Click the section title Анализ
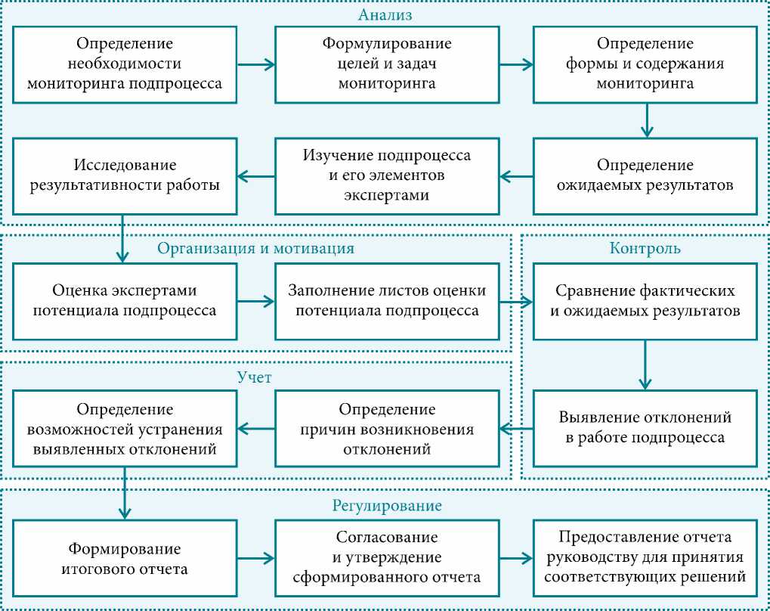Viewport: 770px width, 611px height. pos(386,14)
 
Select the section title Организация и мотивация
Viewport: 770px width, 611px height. pos(255,248)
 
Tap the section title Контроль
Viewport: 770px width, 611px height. pos(645,248)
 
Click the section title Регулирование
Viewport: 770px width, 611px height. pos(387,505)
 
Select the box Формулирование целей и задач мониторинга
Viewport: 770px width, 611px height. pos(387,64)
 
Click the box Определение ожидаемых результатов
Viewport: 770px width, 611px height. pos(645,175)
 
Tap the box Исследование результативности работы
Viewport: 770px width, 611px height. pos(125,175)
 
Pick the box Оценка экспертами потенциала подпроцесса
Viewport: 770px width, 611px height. pos(125,300)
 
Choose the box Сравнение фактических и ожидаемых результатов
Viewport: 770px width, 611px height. pos(645,300)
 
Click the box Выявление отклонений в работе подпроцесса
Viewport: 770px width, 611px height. pos(645,427)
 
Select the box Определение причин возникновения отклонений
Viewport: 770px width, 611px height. pos(387,429)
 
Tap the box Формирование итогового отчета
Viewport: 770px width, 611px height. pos(125,558)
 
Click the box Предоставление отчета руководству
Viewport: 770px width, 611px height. pos(645,558)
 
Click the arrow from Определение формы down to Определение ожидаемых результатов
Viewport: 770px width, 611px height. pos(645,119)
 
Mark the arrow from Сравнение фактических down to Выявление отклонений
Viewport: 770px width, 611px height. pos(645,364)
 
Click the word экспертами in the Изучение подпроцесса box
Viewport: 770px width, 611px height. pos(387,195)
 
